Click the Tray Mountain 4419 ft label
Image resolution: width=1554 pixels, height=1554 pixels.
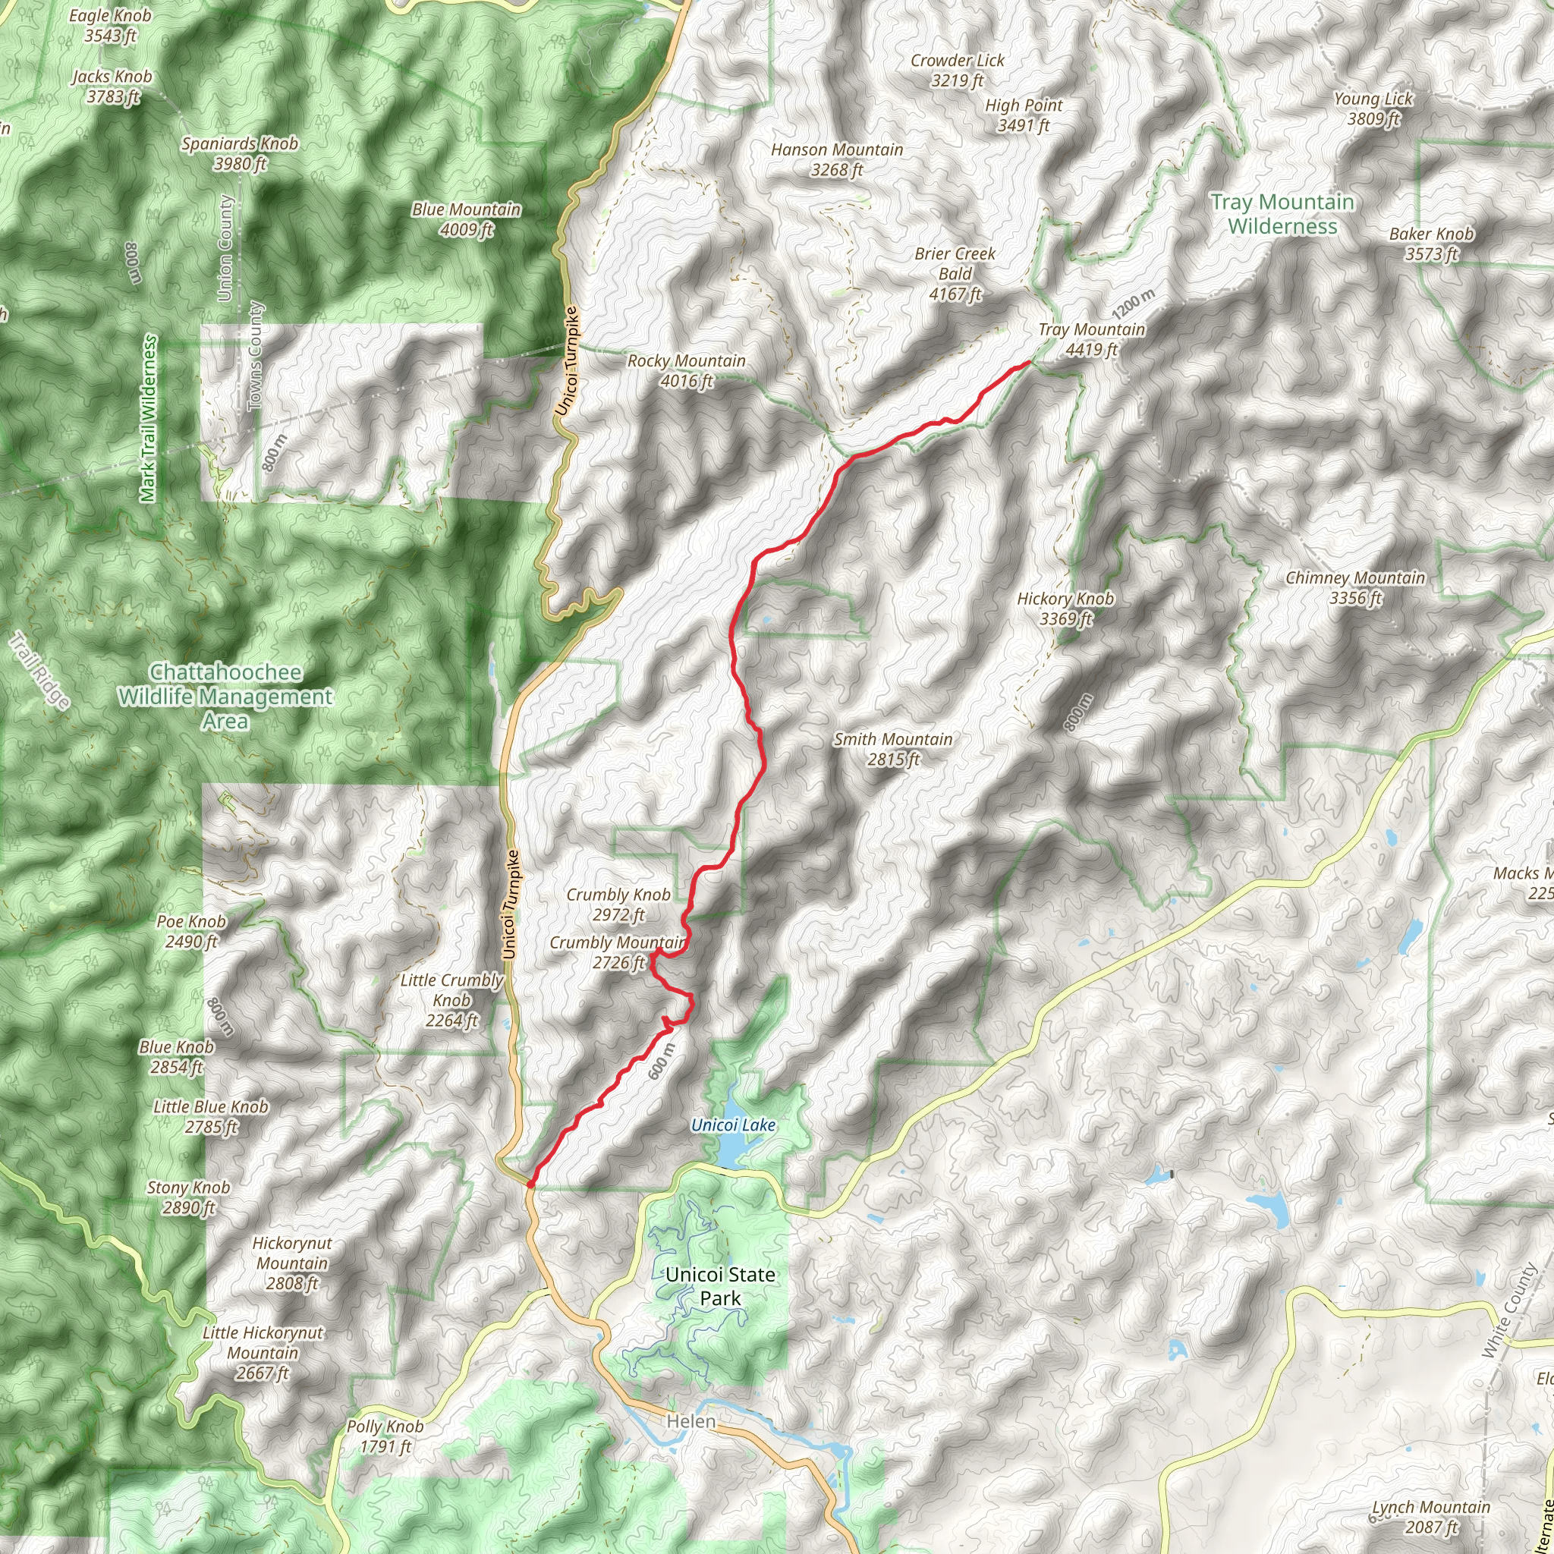(1090, 339)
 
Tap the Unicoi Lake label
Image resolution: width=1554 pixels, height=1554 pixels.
(733, 1125)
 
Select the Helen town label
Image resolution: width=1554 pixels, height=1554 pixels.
(691, 1421)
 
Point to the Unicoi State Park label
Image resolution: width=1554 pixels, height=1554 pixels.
(720, 1286)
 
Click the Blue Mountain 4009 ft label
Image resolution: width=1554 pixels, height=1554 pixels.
(467, 219)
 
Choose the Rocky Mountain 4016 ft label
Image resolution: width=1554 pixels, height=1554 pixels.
(686, 371)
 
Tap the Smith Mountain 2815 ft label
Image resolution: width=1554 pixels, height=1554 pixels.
(893, 749)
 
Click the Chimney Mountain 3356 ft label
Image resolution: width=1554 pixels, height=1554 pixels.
(1354, 587)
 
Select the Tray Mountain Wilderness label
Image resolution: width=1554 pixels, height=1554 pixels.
(1282, 214)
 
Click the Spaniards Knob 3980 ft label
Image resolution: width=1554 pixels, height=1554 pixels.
(240, 153)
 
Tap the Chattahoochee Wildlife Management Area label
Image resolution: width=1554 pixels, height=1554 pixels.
(225, 697)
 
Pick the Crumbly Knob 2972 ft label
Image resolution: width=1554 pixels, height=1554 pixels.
(618, 904)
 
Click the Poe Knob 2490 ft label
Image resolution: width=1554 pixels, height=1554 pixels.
(190, 932)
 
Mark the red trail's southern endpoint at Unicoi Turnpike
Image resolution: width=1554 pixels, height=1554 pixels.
(531, 1183)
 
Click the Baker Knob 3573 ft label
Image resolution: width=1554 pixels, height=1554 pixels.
(1432, 244)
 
